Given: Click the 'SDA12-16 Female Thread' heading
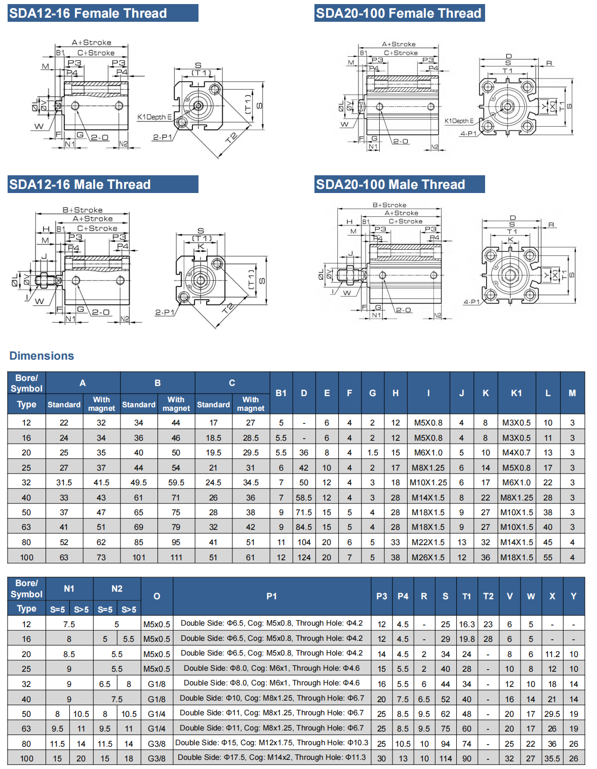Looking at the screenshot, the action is point(88,14).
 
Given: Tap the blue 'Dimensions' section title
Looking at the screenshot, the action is point(42,356).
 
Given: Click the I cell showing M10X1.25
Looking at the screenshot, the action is point(428,482).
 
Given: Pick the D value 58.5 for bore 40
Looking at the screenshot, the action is point(304,497).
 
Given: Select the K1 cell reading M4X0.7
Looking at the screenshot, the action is point(516,452).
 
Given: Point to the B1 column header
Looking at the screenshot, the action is point(281,393).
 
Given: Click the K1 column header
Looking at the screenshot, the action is point(516,393).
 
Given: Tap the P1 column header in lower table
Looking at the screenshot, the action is point(271,596).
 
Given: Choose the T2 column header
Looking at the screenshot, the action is point(488,596).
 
